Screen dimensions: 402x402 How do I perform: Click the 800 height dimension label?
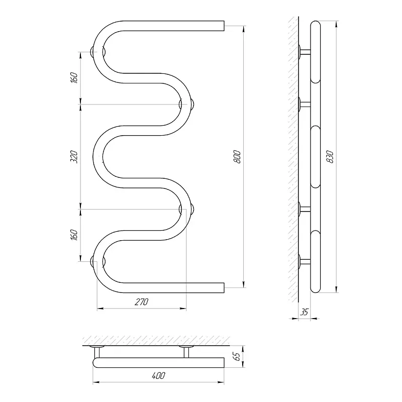click(237, 157)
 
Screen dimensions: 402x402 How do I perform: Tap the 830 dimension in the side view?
click(330, 157)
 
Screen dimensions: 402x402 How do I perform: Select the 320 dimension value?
click(74, 157)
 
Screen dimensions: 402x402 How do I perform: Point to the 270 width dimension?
click(142, 302)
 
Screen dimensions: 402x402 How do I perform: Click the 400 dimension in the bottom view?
click(158, 376)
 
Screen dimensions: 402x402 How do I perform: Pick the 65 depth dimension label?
click(238, 356)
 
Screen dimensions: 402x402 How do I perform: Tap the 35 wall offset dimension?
click(305, 312)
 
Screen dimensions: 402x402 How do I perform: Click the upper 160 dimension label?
click(74, 78)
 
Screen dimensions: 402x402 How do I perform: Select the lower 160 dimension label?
click(74, 235)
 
